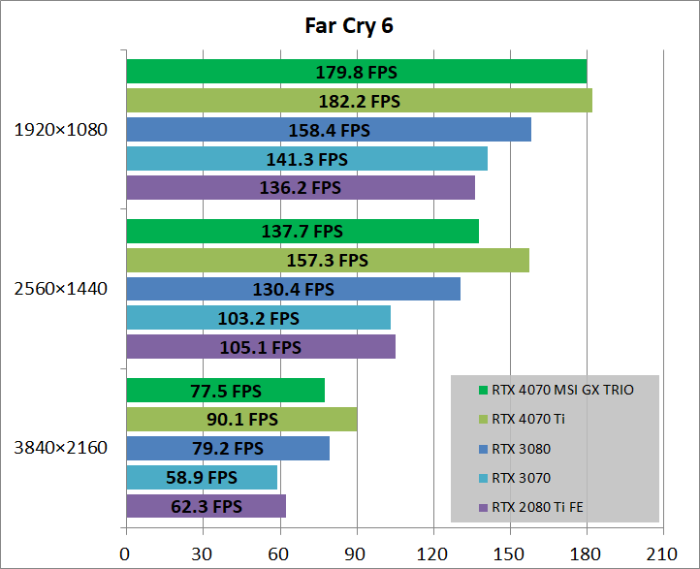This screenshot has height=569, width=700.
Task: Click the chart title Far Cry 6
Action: point(349,26)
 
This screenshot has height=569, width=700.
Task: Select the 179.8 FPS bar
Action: point(356,72)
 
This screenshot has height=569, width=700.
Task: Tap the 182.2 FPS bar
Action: point(359,101)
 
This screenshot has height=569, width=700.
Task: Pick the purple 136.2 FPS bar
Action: point(301,187)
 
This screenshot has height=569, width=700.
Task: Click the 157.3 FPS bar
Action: point(327,260)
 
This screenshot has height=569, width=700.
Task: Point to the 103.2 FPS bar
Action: point(258,317)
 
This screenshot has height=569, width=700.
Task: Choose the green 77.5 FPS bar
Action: point(225,391)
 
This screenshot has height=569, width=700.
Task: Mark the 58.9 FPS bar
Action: point(202,477)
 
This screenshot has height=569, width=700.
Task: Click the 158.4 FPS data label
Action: point(329,130)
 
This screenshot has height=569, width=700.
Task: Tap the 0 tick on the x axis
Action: point(125,553)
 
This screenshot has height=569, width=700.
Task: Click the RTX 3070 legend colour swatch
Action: point(483,478)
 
